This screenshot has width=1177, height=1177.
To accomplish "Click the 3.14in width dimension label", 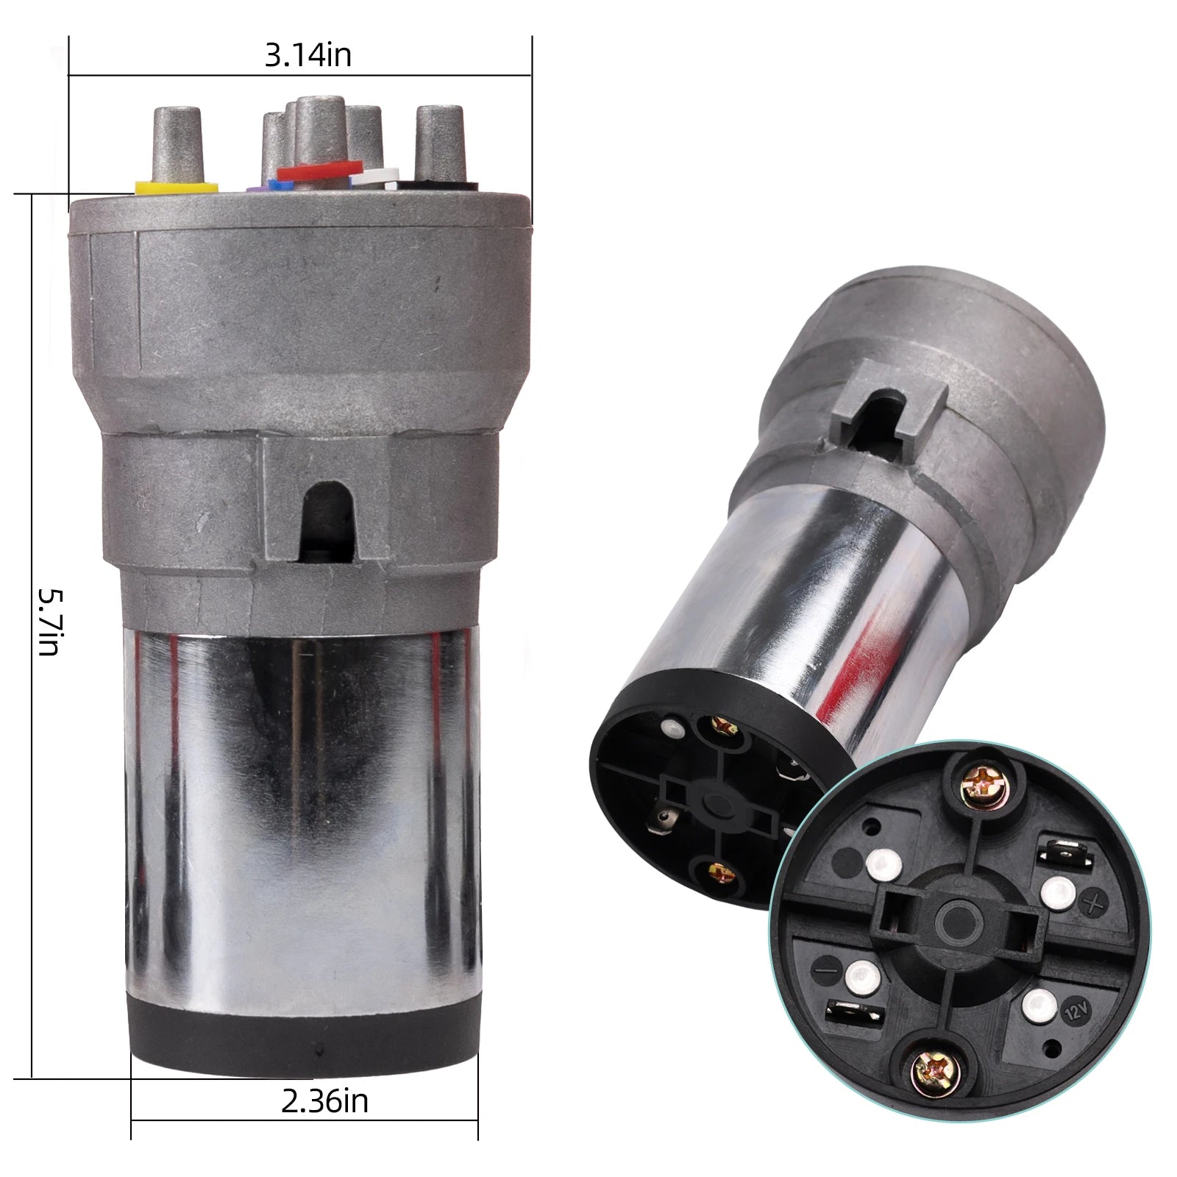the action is click(308, 55).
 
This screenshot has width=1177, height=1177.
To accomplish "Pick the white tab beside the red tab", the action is click(374, 177).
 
